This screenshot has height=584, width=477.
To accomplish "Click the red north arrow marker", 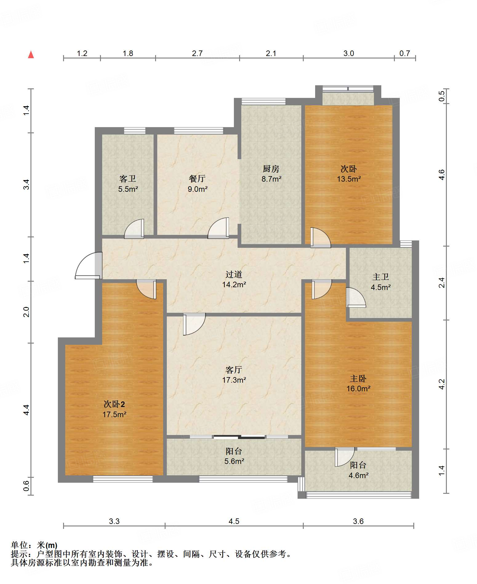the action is point(31,54).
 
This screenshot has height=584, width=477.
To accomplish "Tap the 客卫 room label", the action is point(128,179).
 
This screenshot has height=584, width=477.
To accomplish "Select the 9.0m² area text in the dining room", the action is point(198,189).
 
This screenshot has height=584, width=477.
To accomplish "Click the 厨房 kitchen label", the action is point(271,169).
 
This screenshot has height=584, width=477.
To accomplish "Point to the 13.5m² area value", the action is point(349,179).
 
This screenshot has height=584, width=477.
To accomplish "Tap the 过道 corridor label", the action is point(234,274).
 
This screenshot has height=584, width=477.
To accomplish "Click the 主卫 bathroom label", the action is point(381,277).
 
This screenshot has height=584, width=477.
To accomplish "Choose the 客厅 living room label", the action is point(234,370).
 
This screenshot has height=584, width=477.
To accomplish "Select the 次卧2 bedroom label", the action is point(114,404).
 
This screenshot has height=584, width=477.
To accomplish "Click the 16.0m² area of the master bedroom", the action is point(358,389).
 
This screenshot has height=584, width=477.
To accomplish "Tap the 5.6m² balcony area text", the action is point(234,461).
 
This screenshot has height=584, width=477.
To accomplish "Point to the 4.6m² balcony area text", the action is point(359,475).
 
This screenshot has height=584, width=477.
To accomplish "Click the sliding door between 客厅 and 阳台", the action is point(239,437).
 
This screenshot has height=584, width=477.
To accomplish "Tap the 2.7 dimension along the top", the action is point(197,54).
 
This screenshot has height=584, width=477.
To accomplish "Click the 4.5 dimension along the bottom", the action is point(234,521).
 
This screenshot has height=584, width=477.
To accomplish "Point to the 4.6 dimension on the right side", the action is point(442,175).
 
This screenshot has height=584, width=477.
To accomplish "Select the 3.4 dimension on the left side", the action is point(26,184).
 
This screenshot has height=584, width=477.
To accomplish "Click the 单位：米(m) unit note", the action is point(34,545).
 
